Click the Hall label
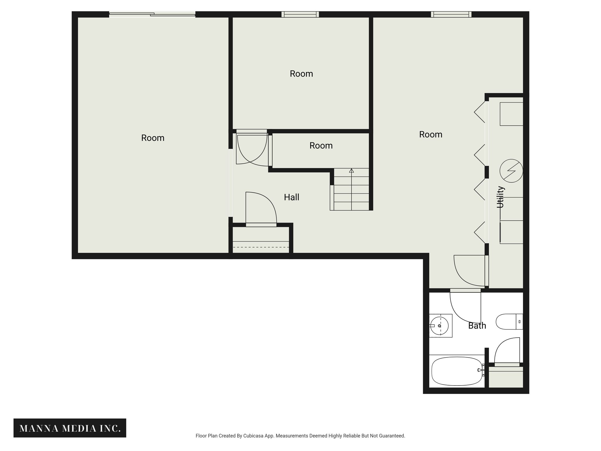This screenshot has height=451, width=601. pyautogui.click(x=291, y=197)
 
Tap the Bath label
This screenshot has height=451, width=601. pyautogui.click(x=477, y=326)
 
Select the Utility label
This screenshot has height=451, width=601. pyautogui.click(x=500, y=197)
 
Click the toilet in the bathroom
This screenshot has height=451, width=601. pyautogui.click(x=509, y=322)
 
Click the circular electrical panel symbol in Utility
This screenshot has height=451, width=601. pyautogui.click(x=511, y=171)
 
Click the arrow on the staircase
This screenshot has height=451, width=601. pyautogui.click(x=351, y=171)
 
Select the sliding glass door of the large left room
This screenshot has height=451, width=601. pyautogui.click(x=152, y=14)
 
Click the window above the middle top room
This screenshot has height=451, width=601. pyautogui.click(x=300, y=14)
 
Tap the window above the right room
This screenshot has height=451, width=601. pyautogui.click(x=451, y=14)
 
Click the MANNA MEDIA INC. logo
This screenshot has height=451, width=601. pyautogui.click(x=70, y=428)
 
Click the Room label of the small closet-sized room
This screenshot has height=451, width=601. pyautogui.click(x=321, y=146)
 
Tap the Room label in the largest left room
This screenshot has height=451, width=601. pyautogui.click(x=153, y=138)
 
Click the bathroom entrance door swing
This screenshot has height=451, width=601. pyautogui.click(x=465, y=307)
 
